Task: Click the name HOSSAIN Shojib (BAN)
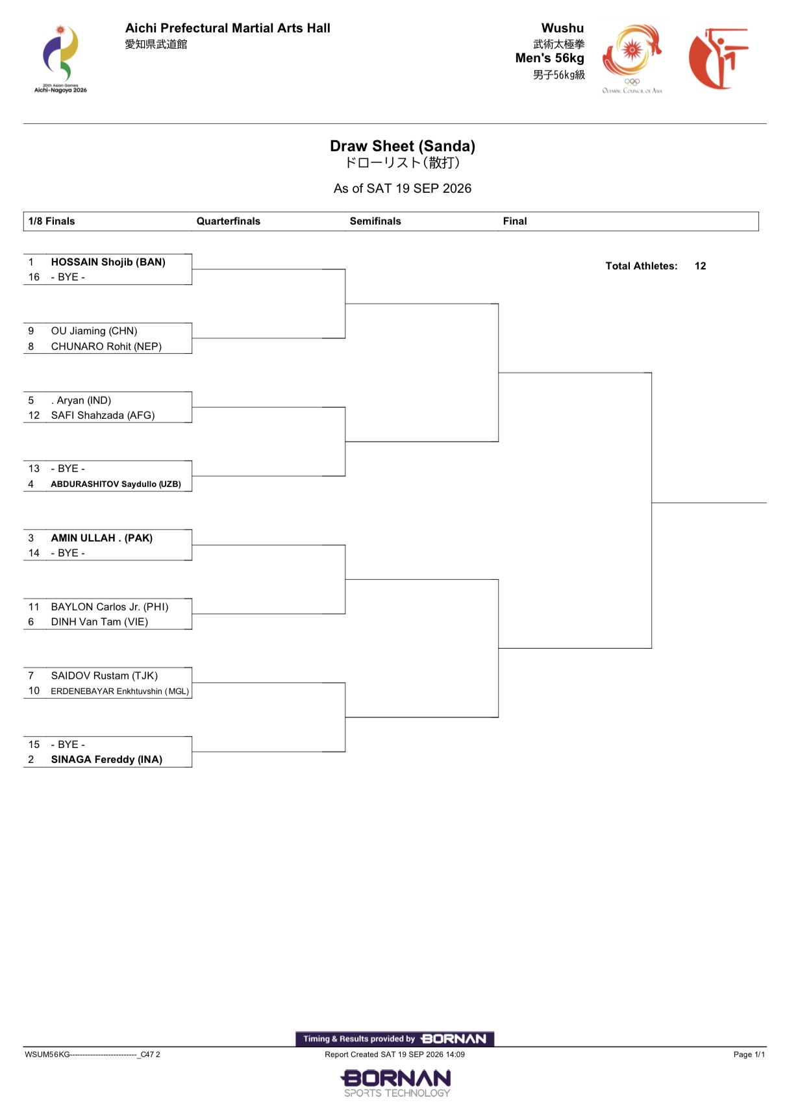click(x=108, y=262)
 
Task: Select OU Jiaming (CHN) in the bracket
click(x=94, y=331)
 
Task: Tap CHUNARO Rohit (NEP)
click(x=106, y=346)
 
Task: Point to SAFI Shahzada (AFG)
click(x=103, y=416)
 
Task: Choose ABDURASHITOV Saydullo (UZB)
click(x=116, y=484)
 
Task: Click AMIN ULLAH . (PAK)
click(x=102, y=538)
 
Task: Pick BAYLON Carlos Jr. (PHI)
click(x=110, y=607)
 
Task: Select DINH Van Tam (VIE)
click(x=99, y=621)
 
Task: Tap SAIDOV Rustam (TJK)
click(x=105, y=676)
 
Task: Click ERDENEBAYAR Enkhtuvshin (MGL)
click(x=119, y=691)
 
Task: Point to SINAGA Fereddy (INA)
click(x=107, y=759)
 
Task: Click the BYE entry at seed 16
click(x=68, y=277)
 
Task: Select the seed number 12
click(x=34, y=416)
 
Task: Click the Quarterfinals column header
click(x=229, y=221)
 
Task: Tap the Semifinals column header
click(x=375, y=221)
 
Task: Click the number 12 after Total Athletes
click(x=700, y=266)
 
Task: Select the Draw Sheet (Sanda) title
click(x=403, y=146)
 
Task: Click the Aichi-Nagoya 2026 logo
click(x=60, y=58)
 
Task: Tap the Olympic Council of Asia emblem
click(x=632, y=58)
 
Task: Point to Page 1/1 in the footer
click(x=749, y=1055)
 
